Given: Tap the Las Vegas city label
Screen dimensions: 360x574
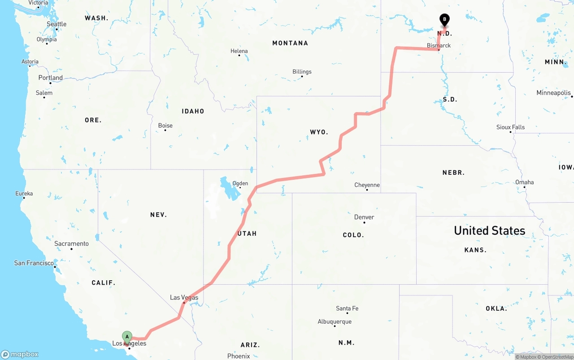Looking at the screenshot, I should pyautogui.click(x=184, y=298).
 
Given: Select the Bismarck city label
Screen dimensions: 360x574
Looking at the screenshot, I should pyautogui.click(x=439, y=46).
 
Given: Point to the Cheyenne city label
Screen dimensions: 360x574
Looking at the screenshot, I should pyautogui.click(x=367, y=185).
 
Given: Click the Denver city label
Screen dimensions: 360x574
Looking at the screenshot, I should pyautogui.click(x=364, y=217).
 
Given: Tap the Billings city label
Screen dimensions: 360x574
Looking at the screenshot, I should pyautogui.click(x=302, y=72).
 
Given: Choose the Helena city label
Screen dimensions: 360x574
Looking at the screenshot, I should pyautogui.click(x=239, y=51).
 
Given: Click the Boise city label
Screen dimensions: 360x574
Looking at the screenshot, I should pyautogui.click(x=165, y=126).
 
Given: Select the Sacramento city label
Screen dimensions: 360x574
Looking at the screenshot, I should pyautogui.click(x=71, y=244).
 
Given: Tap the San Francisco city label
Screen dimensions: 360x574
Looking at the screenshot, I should pyautogui.click(x=34, y=263).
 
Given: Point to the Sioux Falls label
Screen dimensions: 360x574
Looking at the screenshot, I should pyautogui.click(x=510, y=127).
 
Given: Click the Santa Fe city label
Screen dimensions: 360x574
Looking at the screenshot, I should pyautogui.click(x=347, y=308).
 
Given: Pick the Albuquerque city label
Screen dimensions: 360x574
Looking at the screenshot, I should pyautogui.click(x=335, y=321).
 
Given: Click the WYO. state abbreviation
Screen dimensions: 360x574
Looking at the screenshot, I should pyautogui.click(x=319, y=132).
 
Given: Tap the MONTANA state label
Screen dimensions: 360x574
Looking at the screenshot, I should pyautogui.click(x=290, y=43).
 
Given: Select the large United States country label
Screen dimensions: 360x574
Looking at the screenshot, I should pyautogui.click(x=489, y=230).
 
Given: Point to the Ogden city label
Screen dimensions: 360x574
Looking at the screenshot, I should pyautogui.click(x=240, y=183).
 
